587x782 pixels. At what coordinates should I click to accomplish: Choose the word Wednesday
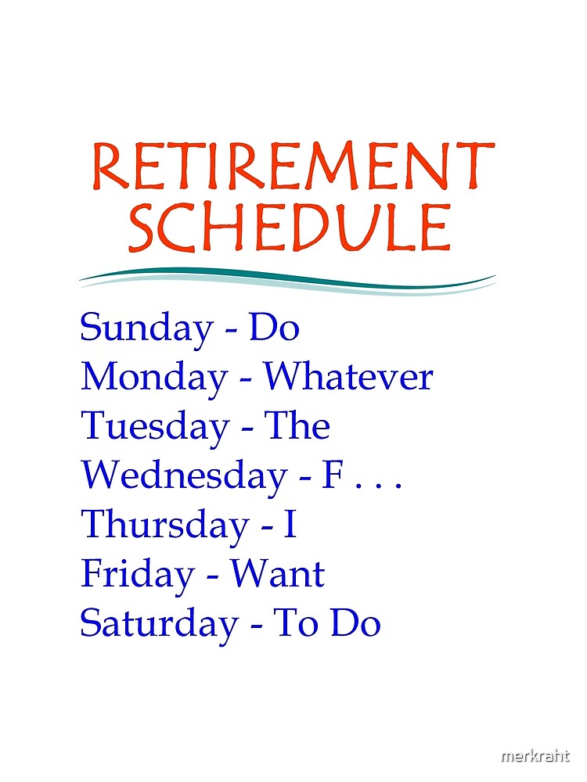pyautogui.click(x=182, y=476)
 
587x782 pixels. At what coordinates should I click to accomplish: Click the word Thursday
pyautogui.click(x=163, y=525)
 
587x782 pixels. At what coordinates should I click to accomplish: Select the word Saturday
pyautogui.click(x=159, y=624)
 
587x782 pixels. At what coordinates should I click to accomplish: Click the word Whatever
pyautogui.click(x=348, y=378)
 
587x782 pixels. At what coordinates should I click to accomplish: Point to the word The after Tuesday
pyautogui.click(x=297, y=427)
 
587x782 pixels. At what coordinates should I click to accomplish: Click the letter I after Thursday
pyautogui.click(x=290, y=525)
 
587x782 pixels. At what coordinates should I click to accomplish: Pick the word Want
pyautogui.click(x=277, y=576)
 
